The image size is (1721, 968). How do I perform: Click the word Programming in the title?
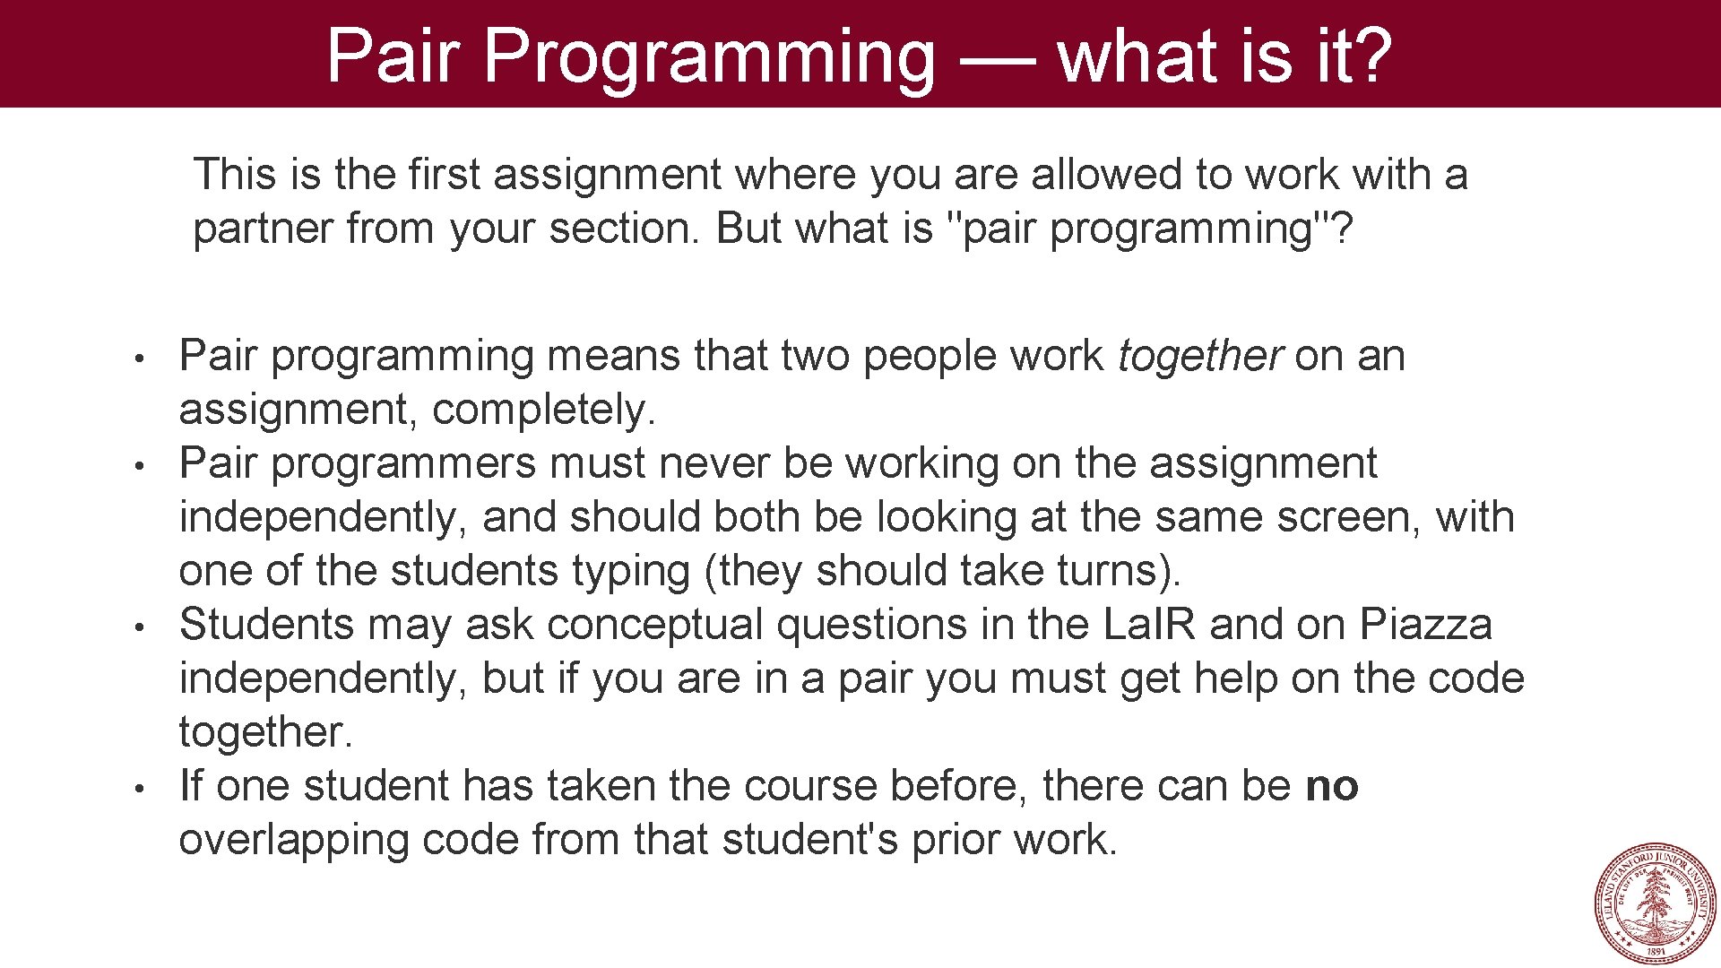coord(708,58)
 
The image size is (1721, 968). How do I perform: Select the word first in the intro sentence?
coord(445,174)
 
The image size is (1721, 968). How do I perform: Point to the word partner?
coord(264,229)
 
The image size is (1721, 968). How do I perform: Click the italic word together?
coord(1200,356)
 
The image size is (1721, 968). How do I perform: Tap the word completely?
coord(543,411)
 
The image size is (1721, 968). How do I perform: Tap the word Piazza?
coord(1425,625)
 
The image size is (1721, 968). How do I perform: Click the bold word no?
coord(1332,787)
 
